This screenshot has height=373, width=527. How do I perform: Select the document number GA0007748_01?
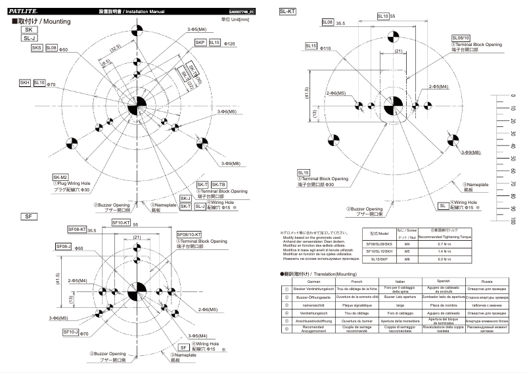tap(242, 12)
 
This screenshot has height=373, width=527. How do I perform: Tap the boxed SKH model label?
tap(25, 83)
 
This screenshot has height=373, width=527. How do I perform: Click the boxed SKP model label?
tap(200, 42)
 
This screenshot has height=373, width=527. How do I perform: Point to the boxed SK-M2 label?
tap(60, 178)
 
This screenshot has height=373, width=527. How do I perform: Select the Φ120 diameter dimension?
tap(230, 43)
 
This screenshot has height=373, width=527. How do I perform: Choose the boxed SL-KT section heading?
tap(288, 11)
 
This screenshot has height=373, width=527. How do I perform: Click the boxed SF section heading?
tap(28, 216)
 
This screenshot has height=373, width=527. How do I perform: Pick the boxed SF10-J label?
tap(71, 332)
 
